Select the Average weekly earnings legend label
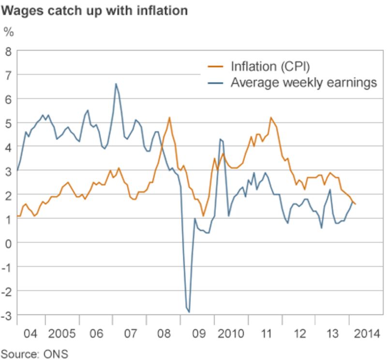303,82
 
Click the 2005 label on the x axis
61,334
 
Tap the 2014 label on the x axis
365,334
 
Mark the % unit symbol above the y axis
8,32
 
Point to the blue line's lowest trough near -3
189,312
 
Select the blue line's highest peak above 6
116,84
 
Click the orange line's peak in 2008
169,117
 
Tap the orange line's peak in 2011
270,117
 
